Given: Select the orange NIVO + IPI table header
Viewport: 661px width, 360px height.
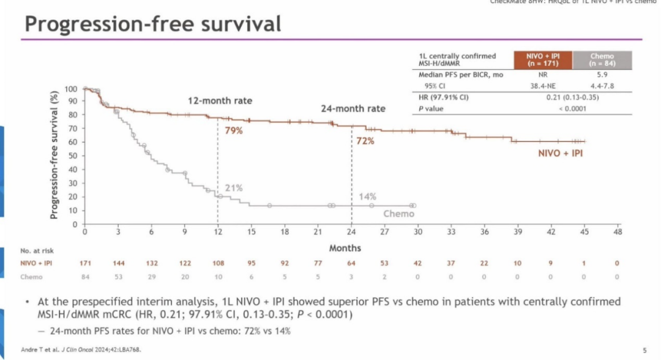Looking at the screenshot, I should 542,59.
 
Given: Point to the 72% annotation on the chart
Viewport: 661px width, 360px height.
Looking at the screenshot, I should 365,141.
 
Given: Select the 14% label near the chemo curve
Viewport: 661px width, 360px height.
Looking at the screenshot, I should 367,197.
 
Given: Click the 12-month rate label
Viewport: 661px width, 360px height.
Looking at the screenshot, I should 220,100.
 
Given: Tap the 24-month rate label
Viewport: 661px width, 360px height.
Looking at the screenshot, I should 353,108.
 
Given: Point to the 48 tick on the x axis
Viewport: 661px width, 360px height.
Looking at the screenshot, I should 617,233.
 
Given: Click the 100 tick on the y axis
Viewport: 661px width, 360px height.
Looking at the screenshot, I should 71,89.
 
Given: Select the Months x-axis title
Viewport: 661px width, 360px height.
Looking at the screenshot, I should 345,248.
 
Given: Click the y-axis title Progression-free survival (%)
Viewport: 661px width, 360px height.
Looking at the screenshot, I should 54,156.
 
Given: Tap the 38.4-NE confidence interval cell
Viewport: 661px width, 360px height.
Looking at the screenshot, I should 542,86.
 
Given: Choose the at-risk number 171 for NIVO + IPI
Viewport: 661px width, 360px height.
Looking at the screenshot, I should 85,263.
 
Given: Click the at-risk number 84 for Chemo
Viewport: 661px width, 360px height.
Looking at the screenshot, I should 85,277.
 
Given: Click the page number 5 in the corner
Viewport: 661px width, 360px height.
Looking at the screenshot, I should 644,350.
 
